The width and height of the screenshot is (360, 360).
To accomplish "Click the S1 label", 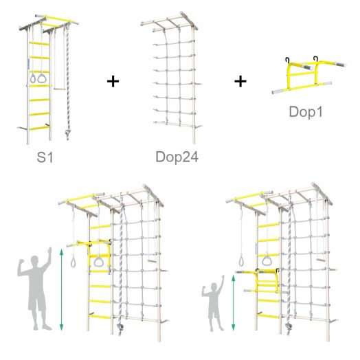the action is point(45,157).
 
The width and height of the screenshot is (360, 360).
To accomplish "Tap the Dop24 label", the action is point(177,157).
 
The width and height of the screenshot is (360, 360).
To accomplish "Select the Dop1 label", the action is point(306,112).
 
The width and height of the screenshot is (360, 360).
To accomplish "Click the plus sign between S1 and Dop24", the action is point(113,82).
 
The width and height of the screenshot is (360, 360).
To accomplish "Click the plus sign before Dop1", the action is point(240,82).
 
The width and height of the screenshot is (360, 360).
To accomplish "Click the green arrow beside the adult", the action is point(61,290).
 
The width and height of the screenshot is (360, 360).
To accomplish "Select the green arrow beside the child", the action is point(234,303).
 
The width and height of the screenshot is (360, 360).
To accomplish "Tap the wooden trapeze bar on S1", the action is point(60,88).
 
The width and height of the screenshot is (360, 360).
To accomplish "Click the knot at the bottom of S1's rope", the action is point(67,133).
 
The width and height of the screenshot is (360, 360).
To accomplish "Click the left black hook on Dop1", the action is point(287,60).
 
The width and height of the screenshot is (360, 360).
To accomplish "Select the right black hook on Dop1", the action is point(316,59).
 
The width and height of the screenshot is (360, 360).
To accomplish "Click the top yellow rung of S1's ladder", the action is point(39,43).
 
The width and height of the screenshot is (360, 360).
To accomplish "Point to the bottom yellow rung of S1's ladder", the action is point(39,128).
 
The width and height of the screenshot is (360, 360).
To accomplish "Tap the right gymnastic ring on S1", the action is point(42,78).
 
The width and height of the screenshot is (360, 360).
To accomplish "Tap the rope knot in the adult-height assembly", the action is point(120,327).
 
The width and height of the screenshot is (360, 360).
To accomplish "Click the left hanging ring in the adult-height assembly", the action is point(74,262).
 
